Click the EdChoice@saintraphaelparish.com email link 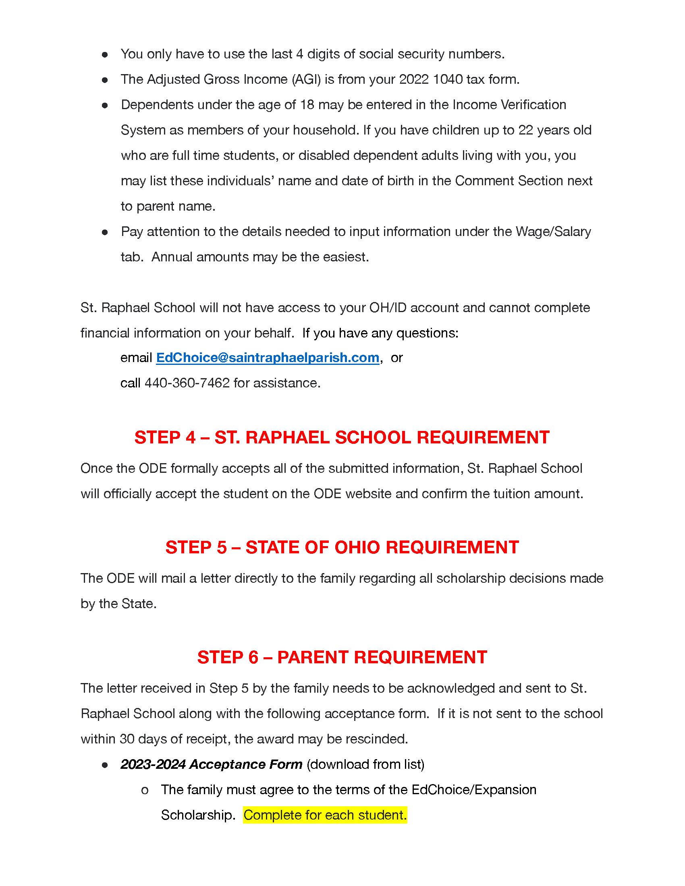(268, 358)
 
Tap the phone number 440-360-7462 (187, 383)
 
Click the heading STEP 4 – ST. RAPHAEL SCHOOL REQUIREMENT (342, 437)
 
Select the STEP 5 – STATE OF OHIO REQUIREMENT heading (342, 547)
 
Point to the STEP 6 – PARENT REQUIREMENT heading (342, 657)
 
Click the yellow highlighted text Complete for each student (325, 815)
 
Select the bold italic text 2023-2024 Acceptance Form (212, 764)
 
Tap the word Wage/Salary (553, 232)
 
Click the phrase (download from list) (365, 764)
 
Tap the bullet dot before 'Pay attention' (105, 232)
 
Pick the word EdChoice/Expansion (474, 790)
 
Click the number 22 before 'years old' (525, 130)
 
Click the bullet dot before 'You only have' (105, 55)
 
